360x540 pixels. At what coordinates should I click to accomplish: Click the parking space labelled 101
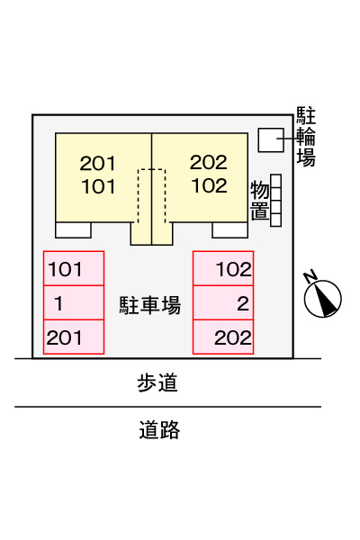74,268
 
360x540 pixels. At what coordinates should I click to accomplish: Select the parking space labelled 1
74,302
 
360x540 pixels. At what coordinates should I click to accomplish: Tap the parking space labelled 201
74,337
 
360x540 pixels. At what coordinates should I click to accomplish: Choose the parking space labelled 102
223,268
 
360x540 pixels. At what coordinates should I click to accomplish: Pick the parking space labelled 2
223,302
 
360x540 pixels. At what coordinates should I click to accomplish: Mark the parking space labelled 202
223,337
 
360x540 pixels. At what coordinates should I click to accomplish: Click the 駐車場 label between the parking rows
150,305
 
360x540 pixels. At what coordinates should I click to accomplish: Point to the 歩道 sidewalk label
157,382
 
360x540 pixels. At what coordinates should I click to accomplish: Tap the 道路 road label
159,429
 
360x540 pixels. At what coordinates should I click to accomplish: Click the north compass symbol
323,298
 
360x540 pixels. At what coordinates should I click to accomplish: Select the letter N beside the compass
310,276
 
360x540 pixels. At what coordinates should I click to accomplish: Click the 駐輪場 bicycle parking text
306,137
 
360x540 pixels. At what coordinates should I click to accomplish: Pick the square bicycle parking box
271,139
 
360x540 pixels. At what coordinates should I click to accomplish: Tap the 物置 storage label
260,201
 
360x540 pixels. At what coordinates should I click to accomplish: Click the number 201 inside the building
97,163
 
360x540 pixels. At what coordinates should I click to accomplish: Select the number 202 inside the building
209,162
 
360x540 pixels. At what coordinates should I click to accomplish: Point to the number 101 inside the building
98,186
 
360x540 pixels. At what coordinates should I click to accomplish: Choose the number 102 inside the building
210,185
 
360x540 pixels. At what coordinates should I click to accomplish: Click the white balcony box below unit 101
73,230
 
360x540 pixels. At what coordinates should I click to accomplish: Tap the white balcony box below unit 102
229,230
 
